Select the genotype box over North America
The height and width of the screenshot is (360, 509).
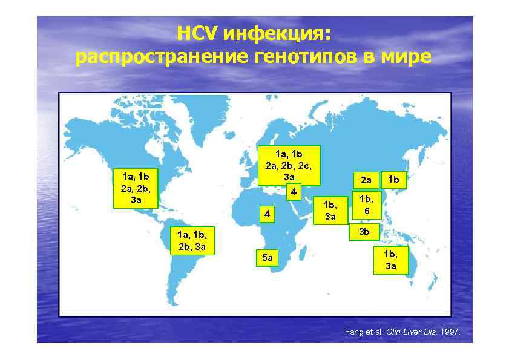click(136, 188)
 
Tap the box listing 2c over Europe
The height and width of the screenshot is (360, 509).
click(289, 165)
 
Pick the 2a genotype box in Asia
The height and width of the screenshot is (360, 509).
click(366, 179)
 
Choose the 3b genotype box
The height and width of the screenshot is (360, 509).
click(364, 231)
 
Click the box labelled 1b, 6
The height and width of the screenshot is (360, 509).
click(366, 204)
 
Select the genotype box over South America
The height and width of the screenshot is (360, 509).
click(192, 240)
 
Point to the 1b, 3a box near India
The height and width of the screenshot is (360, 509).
click(330, 210)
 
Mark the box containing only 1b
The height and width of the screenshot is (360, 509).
click(397, 178)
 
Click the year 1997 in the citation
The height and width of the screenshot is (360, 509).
click(450, 332)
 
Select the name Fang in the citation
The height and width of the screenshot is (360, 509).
click(353, 332)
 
